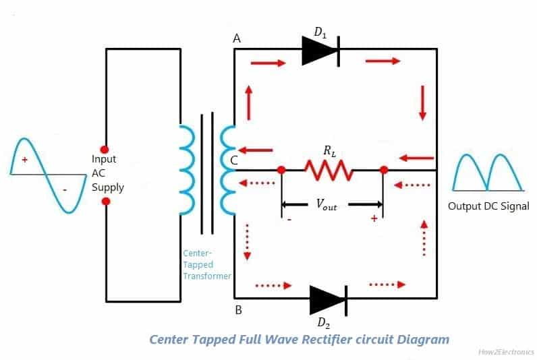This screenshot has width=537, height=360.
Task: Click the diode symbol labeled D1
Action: [x=320, y=49]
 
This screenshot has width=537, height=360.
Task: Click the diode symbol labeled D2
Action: [x=328, y=297]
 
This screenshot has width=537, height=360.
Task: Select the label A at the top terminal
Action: [x=237, y=39]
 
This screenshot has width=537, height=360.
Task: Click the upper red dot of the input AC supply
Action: [x=104, y=148]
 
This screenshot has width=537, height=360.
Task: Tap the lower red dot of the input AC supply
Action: [x=104, y=200]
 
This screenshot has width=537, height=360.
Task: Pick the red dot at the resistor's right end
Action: [x=383, y=170]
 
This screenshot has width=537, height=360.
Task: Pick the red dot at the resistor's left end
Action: [x=281, y=170]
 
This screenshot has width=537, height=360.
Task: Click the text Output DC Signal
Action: [x=488, y=206]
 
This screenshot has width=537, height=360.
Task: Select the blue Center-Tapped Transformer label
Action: [x=206, y=265]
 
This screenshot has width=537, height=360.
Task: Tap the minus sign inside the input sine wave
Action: [x=65, y=190]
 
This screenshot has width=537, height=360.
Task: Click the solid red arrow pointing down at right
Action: [x=422, y=103]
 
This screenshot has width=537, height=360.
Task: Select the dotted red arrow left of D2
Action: [x=273, y=286]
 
